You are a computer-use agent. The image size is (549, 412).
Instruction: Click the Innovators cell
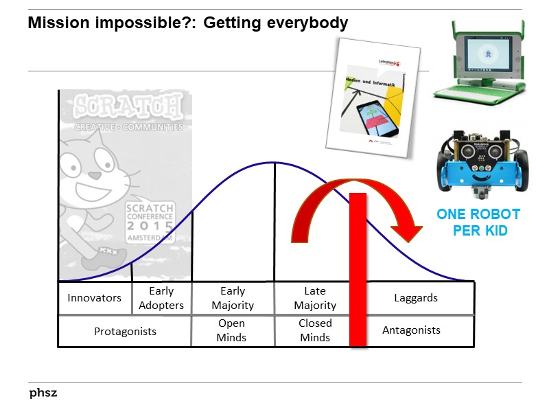pyautogui.click(x=94, y=298)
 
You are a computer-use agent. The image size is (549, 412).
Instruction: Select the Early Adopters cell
pyautogui.click(x=161, y=298)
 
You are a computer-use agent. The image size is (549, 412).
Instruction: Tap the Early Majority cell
pyautogui.click(x=233, y=298)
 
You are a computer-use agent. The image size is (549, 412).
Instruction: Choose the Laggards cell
pyautogui.click(x=416, y=298)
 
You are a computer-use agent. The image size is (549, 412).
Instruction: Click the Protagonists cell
pyautogui.click(x=125, y=331)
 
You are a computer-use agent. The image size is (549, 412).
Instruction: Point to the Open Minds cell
pyautogui.click(x=232, y=330)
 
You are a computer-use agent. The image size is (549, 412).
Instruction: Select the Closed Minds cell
pyautogui.click(x=314, y=330)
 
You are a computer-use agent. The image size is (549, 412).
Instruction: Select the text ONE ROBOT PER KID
pyautogui.click(x=479, y=222)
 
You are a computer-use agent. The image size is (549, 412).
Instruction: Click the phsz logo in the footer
pyautogui.click(x=43, y=393)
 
